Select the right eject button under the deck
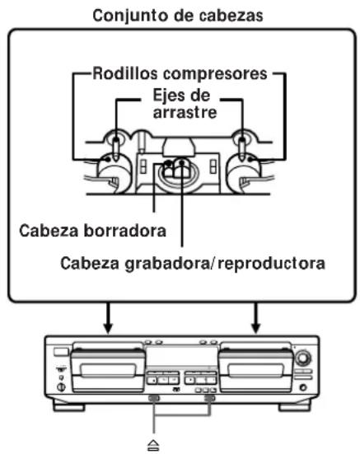click(210, 400)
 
